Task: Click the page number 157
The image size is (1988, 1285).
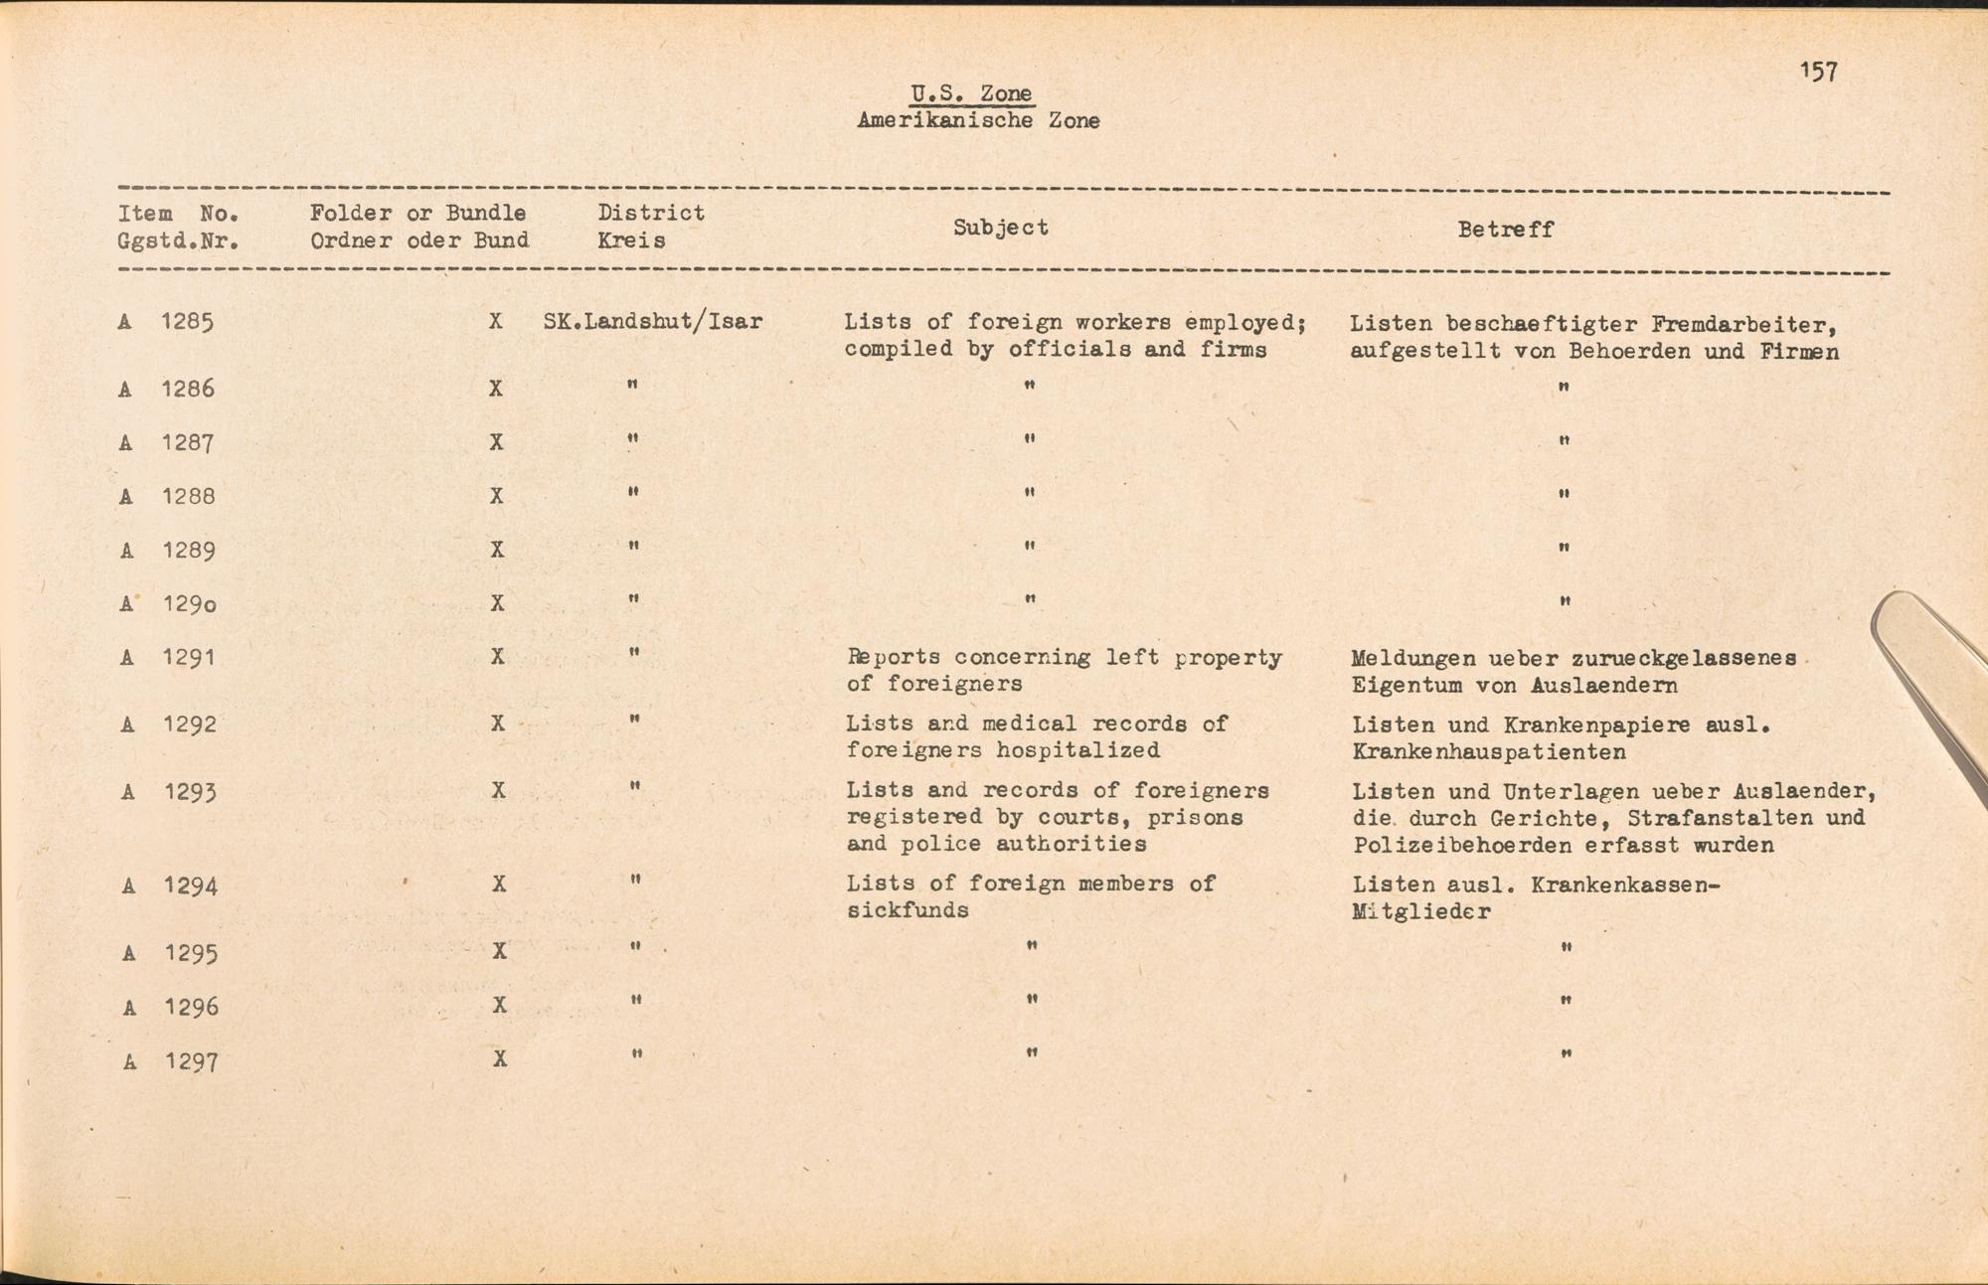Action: tap(1818, 72)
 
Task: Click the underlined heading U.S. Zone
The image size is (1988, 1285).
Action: tap(971, 93)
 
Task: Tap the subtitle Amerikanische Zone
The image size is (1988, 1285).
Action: tap(978, 121)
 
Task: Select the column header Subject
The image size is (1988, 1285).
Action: tap(1000, 228)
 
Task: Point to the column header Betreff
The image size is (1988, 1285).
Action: tap(1505, 230)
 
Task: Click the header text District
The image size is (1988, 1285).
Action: tap(651, 213)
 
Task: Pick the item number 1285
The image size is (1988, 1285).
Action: tap(188, 322)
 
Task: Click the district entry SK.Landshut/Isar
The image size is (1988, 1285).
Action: tap(653, 322)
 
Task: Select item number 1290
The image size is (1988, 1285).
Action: tap(190, 604)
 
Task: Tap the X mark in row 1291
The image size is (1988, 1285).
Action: tap(498, 657)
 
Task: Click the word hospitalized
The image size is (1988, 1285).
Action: tap(1077, 750)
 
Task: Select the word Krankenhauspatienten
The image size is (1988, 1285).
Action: tap(1489, 752)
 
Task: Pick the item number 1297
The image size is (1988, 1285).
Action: tap(192, 1061)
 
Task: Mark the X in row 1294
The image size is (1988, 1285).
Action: tap(499, 883)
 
